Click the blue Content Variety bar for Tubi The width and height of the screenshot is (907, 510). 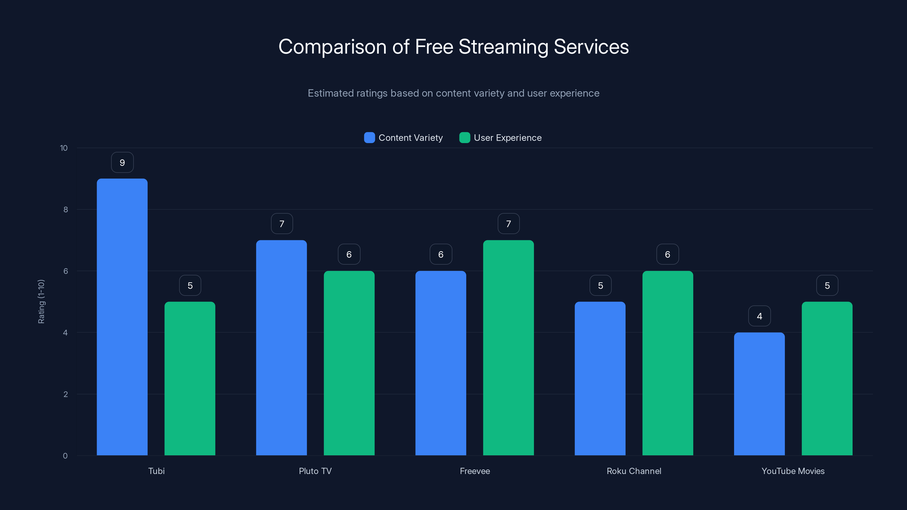122,317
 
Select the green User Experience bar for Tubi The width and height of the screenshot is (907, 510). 190,378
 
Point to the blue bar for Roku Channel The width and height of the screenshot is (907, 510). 600,378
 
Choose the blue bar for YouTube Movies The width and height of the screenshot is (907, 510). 759,394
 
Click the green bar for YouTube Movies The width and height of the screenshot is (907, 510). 827,378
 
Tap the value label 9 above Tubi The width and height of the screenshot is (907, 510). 122,163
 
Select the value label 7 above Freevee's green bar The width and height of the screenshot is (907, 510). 508,224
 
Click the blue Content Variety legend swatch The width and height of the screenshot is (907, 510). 369,138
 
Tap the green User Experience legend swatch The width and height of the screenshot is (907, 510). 465,138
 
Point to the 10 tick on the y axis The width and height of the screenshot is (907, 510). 64,148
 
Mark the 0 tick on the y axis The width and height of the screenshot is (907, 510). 65,456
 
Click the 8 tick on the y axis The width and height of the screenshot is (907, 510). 65,210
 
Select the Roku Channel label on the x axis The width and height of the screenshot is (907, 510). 634,471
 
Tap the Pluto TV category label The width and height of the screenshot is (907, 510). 315,471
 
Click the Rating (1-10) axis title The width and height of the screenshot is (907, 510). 41,302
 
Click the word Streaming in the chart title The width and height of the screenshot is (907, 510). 503,47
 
